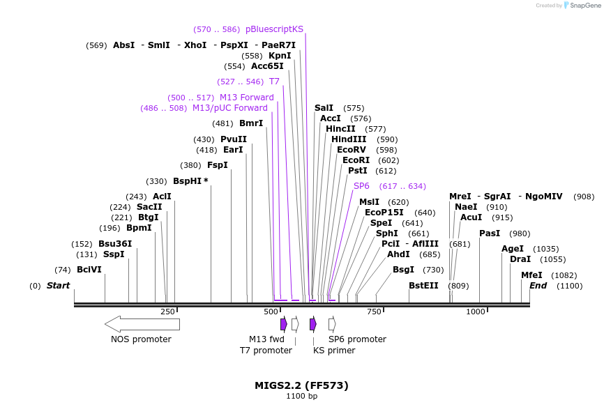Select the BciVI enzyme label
pyautogui.click(x=89, y=270)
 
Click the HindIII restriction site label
pyautogui.click(x=349, y=139)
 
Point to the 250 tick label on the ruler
pyautogui.click(x=167, y=312)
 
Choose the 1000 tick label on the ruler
pyautogui.click(x=476, y=312)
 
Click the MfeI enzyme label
pyautogui.click(x=531, y=275)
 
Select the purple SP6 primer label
pyautogui.click(x=361, y=186)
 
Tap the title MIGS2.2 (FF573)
pyautogui.click(x=301, y=385)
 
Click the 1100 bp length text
pyautogui.click(x=301, y=397)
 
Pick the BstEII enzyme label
pyautogui.click(x=423, y=286)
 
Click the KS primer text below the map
pyautogui.click(x=334, y=351)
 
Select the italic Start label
pyautogui.click(x=58, y=286)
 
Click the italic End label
pyautogui.click(x=538, y=286)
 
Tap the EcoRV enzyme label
pyautogui.click(x=351, y=150)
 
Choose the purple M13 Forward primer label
pyautogui.click(x=246, y=98)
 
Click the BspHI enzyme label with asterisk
pyautogui.click(x=190, y=181)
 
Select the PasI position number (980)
pyautogui.click(x=520, y=233)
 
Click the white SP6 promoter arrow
pyautogui.click(x=332, y=324)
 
